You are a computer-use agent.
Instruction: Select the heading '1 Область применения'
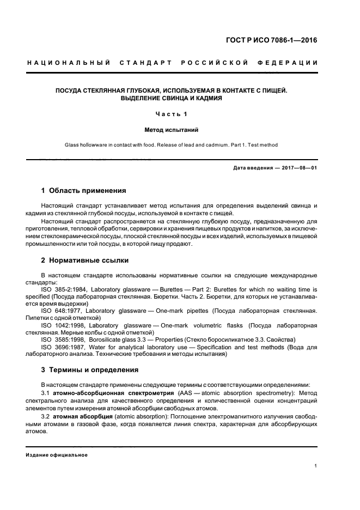point(83,191)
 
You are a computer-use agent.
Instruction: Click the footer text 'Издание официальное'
point(57,454)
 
